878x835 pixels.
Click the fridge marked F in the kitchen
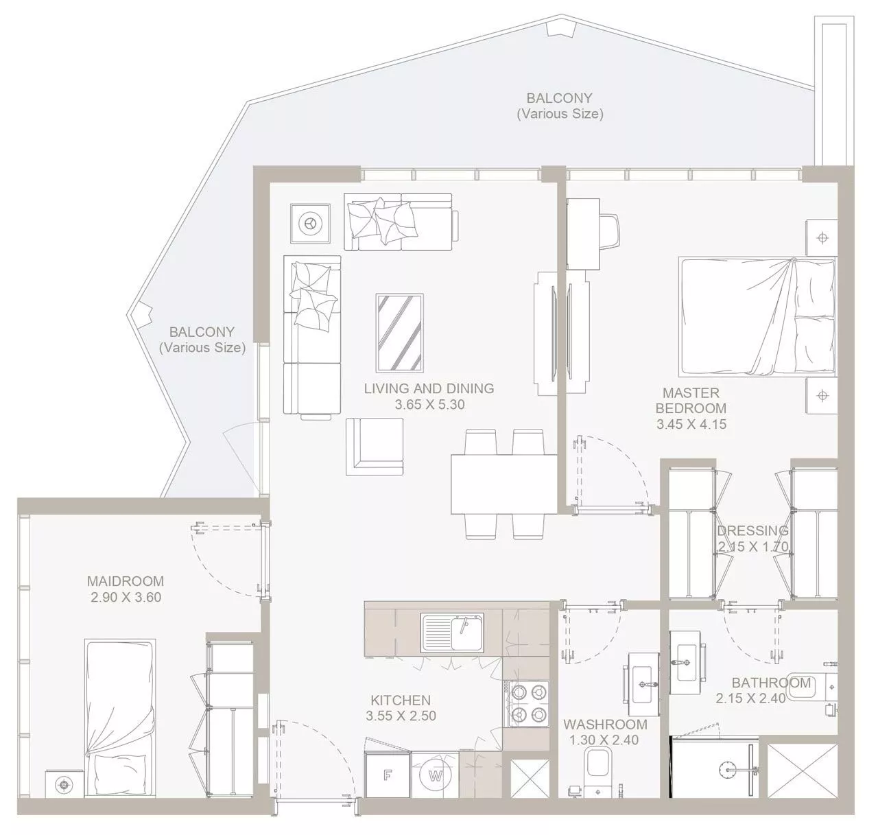tap(388, 775)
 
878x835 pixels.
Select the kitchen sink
tap(452, 633)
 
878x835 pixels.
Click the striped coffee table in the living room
tap(400, 333)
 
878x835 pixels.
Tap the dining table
tap(503, 484)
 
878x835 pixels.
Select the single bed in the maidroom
tap(120, 718)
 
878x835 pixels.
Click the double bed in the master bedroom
tap(757, 317)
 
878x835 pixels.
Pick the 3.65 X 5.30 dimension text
tap(429, 405)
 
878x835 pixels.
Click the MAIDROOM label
tap(126, 581)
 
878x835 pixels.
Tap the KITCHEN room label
tap(401, 700)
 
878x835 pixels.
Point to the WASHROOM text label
tap(605, 725)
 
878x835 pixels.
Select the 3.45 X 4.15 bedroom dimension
tap(691, 424)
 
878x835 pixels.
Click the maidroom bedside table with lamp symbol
tap(64, 784)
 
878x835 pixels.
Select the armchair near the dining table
tap(375, 447)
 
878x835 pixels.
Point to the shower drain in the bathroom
tap(726, 770)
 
